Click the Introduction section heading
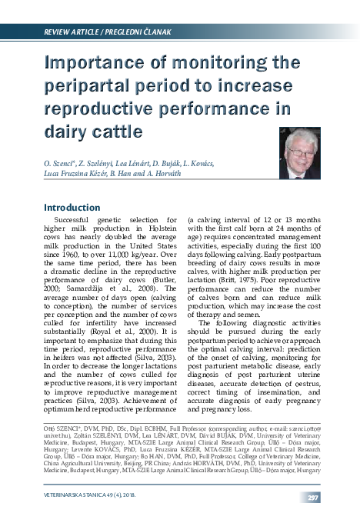click(x=77, y=208)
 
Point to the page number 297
click(x=335, y=498)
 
